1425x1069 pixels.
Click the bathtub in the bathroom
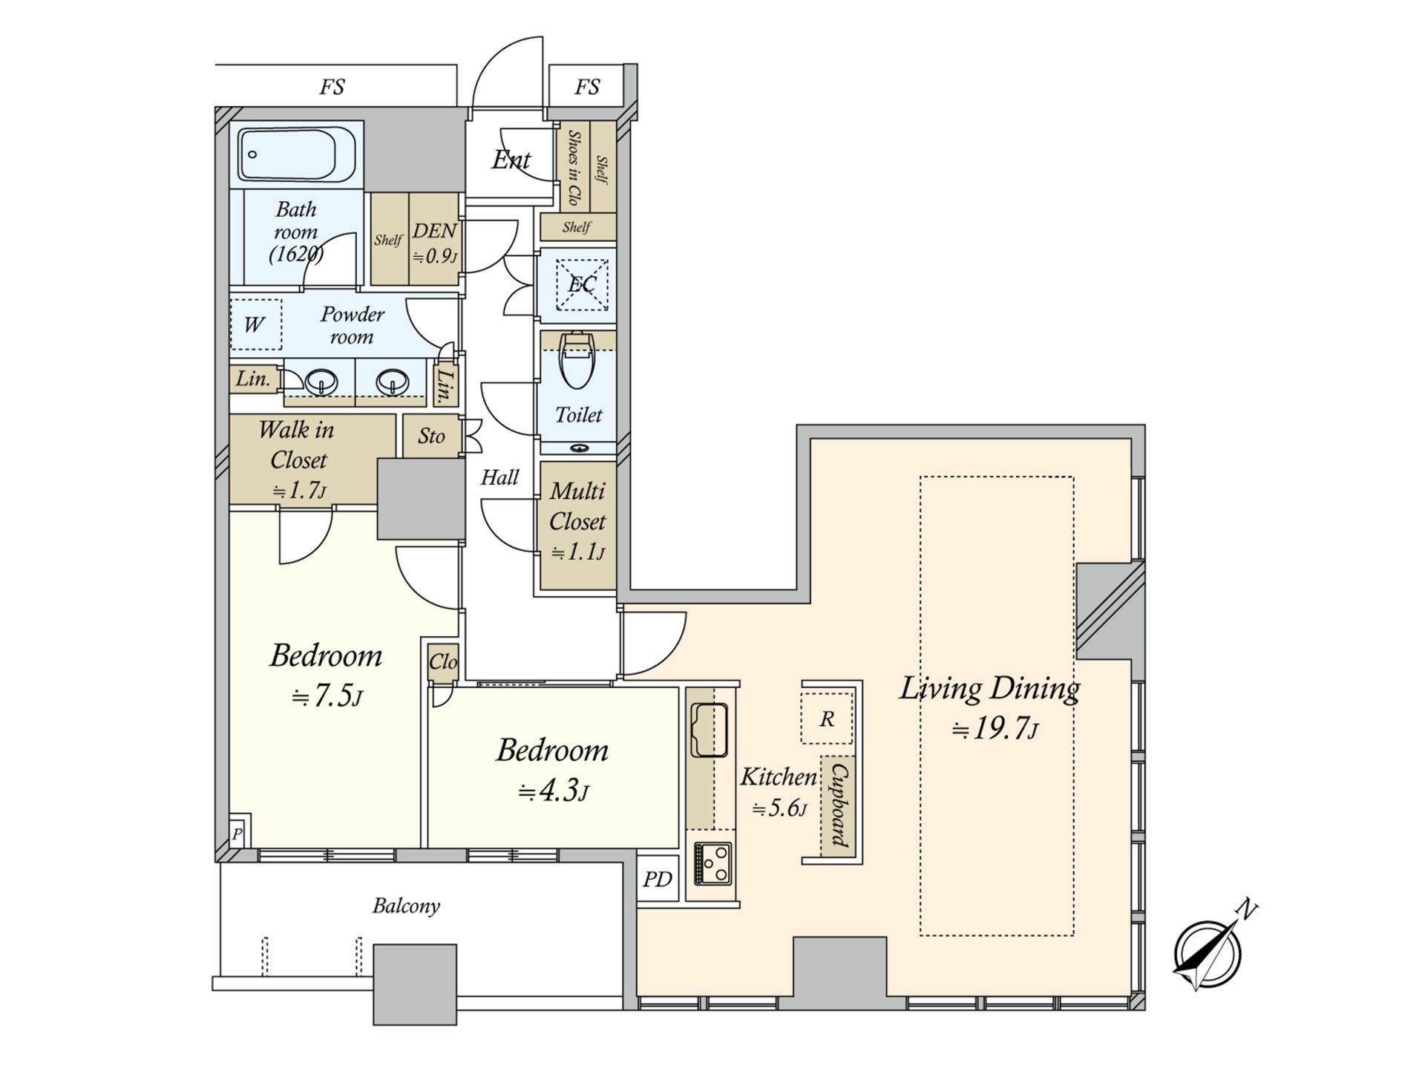(298, 154)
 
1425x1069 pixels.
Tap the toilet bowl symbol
(578, 359)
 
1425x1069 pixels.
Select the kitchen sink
(710, 729)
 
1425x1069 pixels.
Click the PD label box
(658, 880)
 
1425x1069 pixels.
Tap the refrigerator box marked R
(827, 718)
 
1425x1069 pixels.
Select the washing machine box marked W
(255, 324)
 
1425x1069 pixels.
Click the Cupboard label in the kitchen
(840, 805)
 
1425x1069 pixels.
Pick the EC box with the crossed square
(582, 284)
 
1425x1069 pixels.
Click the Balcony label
(406, 906)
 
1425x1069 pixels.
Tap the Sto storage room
(431, 436)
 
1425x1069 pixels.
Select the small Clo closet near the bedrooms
(443, 661)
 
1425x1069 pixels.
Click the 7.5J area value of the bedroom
(327, 696)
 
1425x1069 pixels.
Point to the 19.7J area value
(995, 729)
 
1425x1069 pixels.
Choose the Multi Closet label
(577, 506)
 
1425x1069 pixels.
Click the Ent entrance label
(511, 160)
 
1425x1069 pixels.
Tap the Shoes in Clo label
(573, 168)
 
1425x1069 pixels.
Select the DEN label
(434, 230)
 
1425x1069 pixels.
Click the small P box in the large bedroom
(237, 833)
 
